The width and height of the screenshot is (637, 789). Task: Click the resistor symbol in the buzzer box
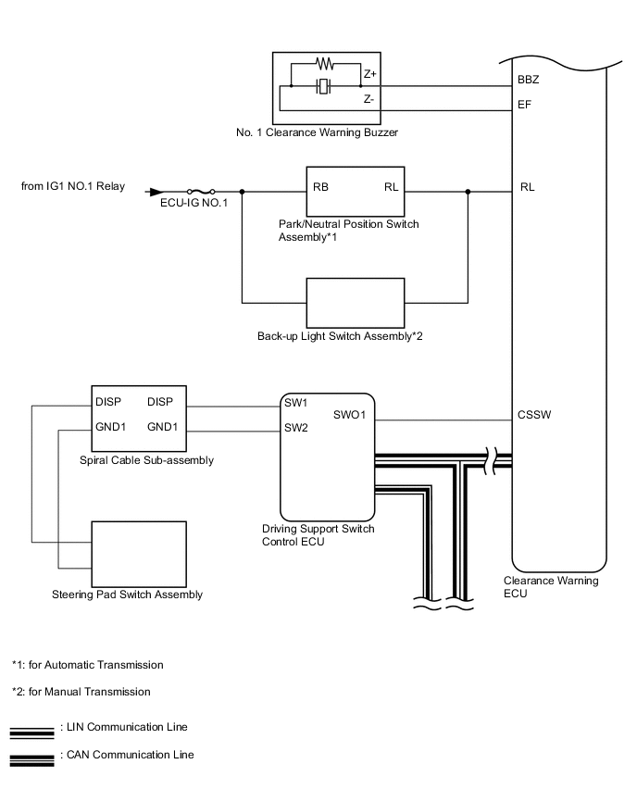click(325, 63)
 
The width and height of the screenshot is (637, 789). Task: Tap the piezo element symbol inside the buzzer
click(323, 86)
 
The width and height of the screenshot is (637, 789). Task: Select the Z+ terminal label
click(369, 74)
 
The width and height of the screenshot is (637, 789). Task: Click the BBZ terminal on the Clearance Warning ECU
click(529, 80)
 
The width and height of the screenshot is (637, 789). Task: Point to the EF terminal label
click(524, 105)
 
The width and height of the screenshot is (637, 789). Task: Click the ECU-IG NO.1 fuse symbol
click(201, 192)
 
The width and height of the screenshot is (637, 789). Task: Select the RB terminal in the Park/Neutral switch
click(320, 187)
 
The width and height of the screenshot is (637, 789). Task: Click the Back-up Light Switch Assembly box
click(356, 303)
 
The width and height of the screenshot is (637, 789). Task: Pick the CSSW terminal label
click(534, 415)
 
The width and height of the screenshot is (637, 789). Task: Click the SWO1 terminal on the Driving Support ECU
click(349, 415)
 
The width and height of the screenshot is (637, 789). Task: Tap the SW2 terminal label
click(296, 428)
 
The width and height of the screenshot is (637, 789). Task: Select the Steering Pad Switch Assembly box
click(139, 554)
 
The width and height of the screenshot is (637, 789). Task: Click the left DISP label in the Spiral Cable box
click(108, 402)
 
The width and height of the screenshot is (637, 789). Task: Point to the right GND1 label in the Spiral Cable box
click(163, 427)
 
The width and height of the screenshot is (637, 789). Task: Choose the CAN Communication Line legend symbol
click(31, 760)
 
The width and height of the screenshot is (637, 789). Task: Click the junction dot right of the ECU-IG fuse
click(242, 192)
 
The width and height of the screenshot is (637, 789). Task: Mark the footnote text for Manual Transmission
click(81, 692)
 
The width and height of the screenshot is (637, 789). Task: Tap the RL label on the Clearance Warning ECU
click(528, 187)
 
